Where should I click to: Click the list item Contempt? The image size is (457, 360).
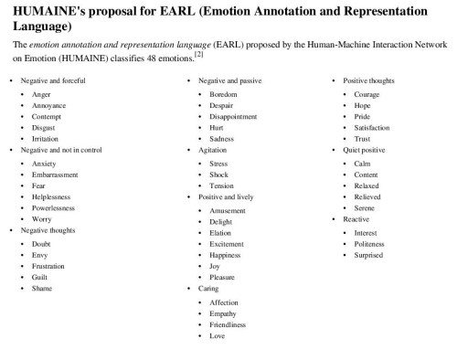46,117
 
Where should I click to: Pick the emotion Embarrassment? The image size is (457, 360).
55,174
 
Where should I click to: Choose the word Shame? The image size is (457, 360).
42,288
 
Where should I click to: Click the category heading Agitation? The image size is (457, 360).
214,150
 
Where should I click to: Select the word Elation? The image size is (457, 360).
220,233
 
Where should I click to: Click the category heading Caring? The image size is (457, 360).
209,289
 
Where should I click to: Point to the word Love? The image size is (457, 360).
218,336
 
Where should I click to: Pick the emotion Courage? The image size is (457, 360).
367,94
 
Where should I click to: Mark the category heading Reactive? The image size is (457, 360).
356,220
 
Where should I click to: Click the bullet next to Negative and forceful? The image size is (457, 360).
11,81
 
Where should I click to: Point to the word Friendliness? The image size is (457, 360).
228,324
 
